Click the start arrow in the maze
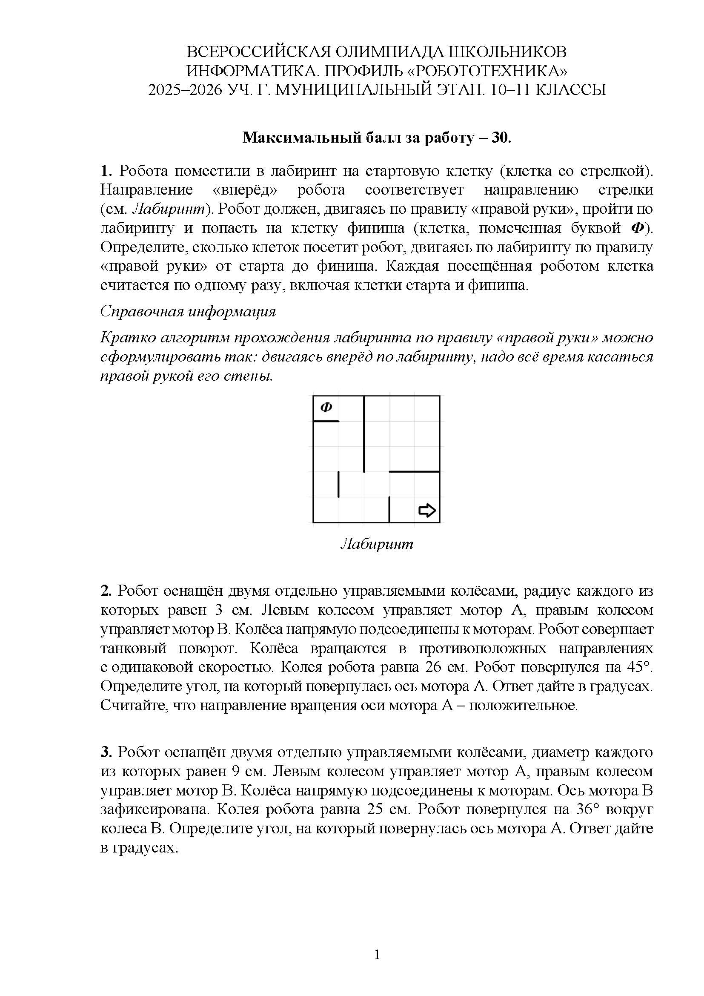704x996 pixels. [427, 510]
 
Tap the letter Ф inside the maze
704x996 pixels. [326, 408]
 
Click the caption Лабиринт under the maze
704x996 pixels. [377, 544]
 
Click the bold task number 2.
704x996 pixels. [106, 591]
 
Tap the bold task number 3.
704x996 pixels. [106, 752]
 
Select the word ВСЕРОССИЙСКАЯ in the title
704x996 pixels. [259, 52]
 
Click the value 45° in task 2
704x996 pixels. [639, 667]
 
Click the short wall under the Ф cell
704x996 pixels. [326, 421]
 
